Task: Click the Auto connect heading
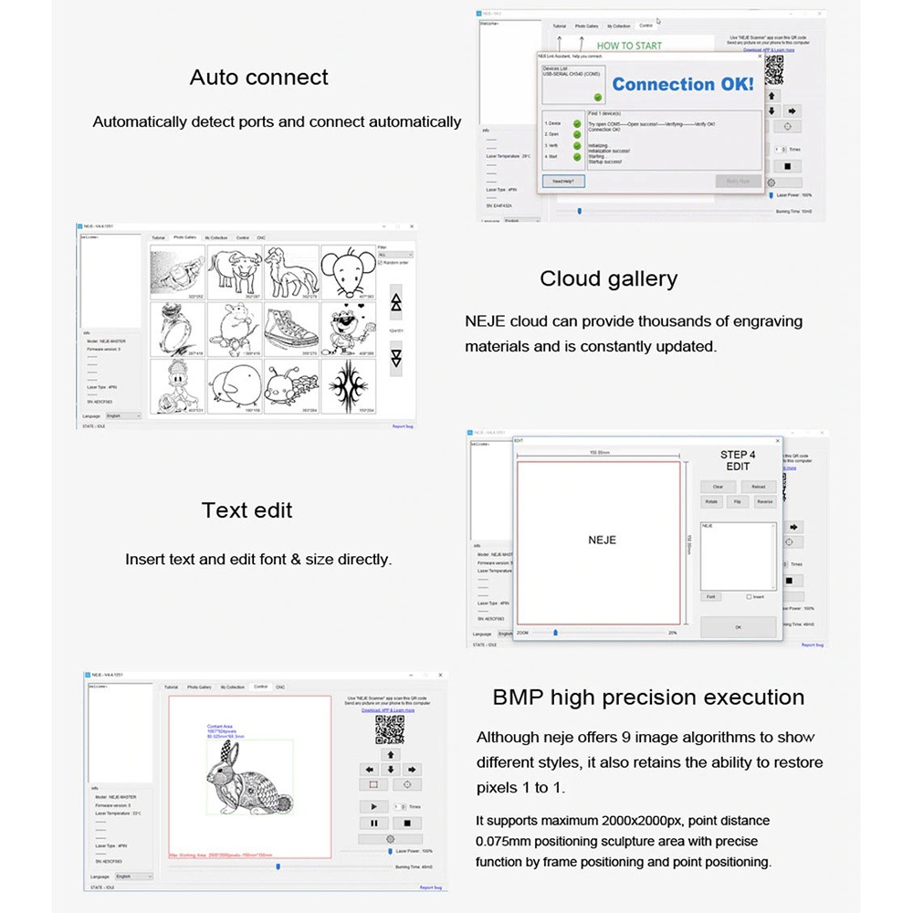click(x=259, y=78)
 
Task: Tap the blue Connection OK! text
click(x=683, y=84)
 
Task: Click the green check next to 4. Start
click(x=577, y=157)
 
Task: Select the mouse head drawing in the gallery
click(x=348, y=271)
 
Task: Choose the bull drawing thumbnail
click(x=235, y=271)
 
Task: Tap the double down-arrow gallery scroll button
click(x=395, y=357)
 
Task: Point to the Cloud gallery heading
click(x=608, y=279)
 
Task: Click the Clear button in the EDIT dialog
click(x=718, y=487)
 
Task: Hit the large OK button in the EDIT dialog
click(x=738, y=627)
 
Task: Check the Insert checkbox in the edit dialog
click(x=749, y=597)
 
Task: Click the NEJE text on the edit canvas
click(x=602, y=540)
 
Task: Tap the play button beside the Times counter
click(x=373, y=806)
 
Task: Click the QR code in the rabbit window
click(x=390, y=729)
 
